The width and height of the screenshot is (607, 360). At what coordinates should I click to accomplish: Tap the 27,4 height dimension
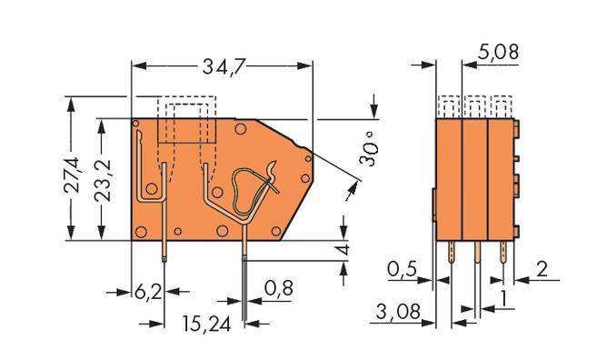point(72,175)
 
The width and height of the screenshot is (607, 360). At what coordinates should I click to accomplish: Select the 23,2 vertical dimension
point(103,180)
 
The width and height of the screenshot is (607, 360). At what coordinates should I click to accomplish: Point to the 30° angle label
point(367,149)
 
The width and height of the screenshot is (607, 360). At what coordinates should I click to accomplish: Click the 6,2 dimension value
point(148,292)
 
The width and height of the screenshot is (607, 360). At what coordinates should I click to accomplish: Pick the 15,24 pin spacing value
point(206,324)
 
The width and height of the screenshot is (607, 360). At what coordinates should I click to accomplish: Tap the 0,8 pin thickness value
point(279,288)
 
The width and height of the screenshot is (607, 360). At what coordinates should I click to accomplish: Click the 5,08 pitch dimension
point(497,52)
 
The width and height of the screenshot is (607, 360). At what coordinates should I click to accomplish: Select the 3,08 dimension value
point(398,312)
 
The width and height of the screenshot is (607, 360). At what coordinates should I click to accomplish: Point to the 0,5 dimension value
point(402,269)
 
